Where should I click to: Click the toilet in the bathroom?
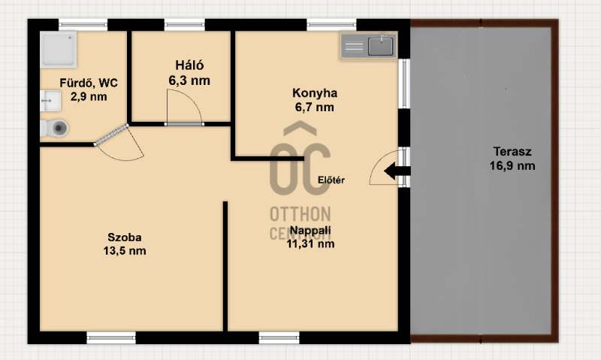pos(54,128)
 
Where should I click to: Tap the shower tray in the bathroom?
pos(59,49)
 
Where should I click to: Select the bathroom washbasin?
pos(50,101)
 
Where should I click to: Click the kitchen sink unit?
pos(368,46)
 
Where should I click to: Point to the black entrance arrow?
pos(397,171)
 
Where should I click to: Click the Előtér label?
pos(331,180)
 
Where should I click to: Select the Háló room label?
pos(189,65)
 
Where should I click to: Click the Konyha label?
pos(315,92)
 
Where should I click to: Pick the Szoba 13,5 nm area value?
pos(125,251)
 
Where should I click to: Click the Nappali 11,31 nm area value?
pos(310,244)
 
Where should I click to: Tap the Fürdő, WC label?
pos(89,83)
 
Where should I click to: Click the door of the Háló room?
pos(184,107)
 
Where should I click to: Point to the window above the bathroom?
pos(83,25)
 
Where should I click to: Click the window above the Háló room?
pos(185,25)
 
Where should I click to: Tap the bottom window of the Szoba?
pos(111,337)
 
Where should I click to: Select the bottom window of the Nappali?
pos(279,337)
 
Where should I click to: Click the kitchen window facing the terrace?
pos(404,83)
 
